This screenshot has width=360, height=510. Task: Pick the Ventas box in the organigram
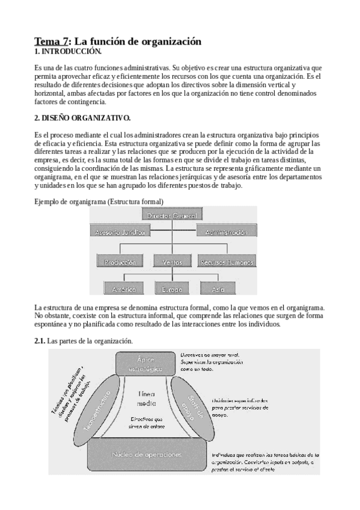click(172, 262)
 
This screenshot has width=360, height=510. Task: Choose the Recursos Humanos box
click(226, 262)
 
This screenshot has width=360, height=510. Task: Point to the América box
click(123, 289)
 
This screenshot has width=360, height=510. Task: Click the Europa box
click(172, 289)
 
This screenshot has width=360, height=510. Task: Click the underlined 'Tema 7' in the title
click(51, 41)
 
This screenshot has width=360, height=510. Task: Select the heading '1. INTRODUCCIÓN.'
click(63, 52)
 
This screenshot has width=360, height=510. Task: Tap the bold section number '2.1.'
click(40, 342)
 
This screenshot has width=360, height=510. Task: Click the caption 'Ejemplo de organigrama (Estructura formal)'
click(99, 200)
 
